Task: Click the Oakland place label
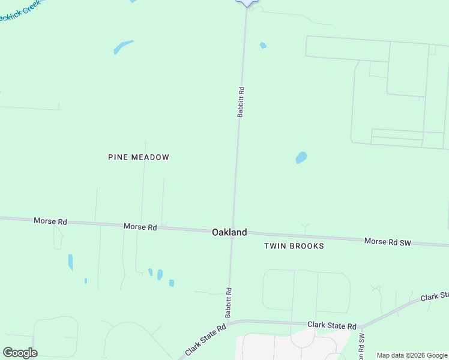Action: tap(229, 232)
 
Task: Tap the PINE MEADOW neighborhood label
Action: tap(139, 157)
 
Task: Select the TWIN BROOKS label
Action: tap(294, 246)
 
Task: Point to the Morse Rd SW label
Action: tap(388, 241)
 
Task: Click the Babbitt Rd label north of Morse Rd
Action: tap(240, 101)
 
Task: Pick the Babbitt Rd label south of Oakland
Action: tap(229, 302)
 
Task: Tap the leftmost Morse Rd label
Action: tap(50, 221)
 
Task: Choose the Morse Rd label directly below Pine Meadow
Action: tap(140, 227)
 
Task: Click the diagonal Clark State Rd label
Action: tap(205, 339)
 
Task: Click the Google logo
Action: tap(20, 353)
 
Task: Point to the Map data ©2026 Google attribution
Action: tap(412, 355)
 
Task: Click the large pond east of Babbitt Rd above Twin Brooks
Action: tap(301, 158)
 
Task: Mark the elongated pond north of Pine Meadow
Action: tap(123, 46)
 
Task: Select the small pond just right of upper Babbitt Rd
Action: tap(263, 46)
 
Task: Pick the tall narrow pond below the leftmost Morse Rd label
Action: tap(70, 262)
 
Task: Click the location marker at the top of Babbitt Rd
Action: tap(247, 2)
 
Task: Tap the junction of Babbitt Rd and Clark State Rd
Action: tap(229, 322)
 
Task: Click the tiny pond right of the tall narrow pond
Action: tap(86, 280)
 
